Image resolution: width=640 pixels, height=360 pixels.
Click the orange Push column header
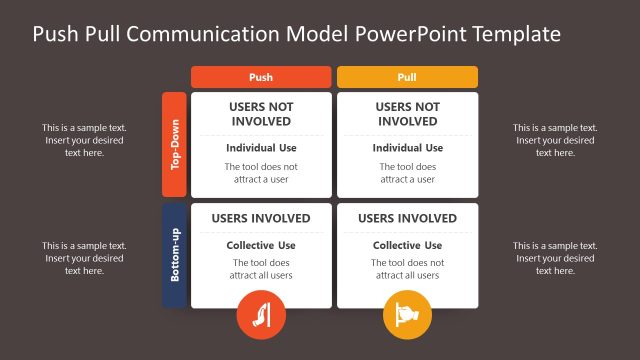(x=260, y=77)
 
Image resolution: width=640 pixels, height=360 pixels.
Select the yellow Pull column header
(x=407, y=77)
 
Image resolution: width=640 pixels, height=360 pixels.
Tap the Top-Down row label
(x=175, y=145)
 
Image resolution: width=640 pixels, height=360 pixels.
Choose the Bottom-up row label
(x=175, y=255)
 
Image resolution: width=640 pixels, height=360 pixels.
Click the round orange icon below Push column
(x=260, y=316)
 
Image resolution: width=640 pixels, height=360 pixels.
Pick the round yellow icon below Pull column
(x=407, y=316)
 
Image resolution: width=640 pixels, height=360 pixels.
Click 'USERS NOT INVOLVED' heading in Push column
(x=260, y=114)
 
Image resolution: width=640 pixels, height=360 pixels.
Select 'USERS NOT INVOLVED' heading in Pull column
(x=407, y=114)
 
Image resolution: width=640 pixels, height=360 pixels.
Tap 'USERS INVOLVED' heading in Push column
(x=260, y=219)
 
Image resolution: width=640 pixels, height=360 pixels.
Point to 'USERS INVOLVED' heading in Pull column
(x=407, y=219)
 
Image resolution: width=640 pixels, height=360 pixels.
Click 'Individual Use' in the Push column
(x=260, y=148)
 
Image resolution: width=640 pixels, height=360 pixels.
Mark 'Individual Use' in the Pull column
(x=407, y=148)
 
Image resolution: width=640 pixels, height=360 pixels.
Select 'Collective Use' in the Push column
(x=260, y=246)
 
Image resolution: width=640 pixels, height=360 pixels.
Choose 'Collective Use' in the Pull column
(x=407, y=246)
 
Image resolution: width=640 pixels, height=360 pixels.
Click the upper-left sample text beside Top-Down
(x=84, y=140)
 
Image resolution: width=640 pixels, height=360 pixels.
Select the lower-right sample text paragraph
(x=555, y=258)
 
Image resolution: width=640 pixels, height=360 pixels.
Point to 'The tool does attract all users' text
(x=260, y=269)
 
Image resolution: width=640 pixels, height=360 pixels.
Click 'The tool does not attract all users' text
(x=407, y=269)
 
